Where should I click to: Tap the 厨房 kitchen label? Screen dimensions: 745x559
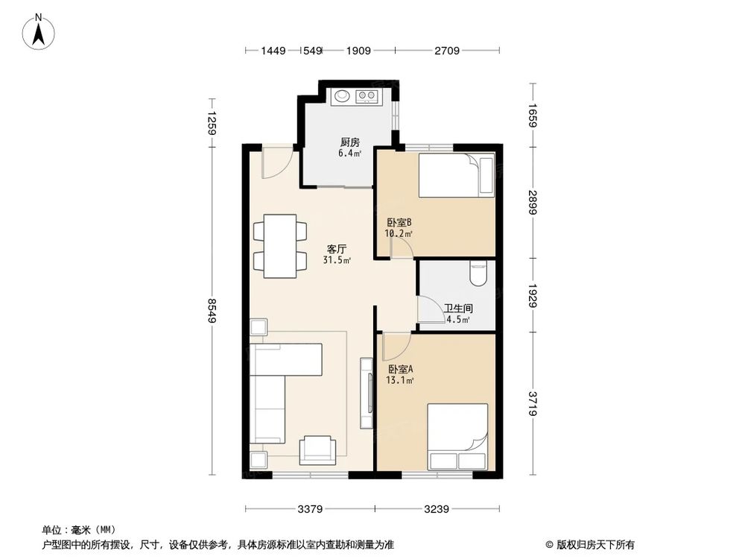click(349, 142)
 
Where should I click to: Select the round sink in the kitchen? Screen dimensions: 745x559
click(341, 96)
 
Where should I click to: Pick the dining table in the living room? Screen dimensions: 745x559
click(280, 246)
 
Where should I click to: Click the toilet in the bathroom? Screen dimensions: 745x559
click(478, 274)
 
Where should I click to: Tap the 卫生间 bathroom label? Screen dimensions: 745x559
click(458, 308)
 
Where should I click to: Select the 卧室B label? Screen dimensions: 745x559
click(399, 222)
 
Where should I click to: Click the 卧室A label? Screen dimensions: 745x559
click(401, 369)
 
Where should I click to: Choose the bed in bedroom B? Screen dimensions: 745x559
click(457, 175)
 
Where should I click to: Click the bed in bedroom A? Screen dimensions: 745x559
click(457, 437)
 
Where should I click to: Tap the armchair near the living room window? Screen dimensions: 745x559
click(317, 450)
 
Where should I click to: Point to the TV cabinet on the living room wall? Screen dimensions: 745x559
click(367, 393)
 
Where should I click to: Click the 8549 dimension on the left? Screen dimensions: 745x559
click(212, 310)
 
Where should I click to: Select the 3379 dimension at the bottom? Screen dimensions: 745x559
click(310, 509)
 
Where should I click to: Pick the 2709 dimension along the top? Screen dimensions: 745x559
click(447, 51)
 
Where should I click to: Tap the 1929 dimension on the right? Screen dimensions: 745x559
click(533, 296)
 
